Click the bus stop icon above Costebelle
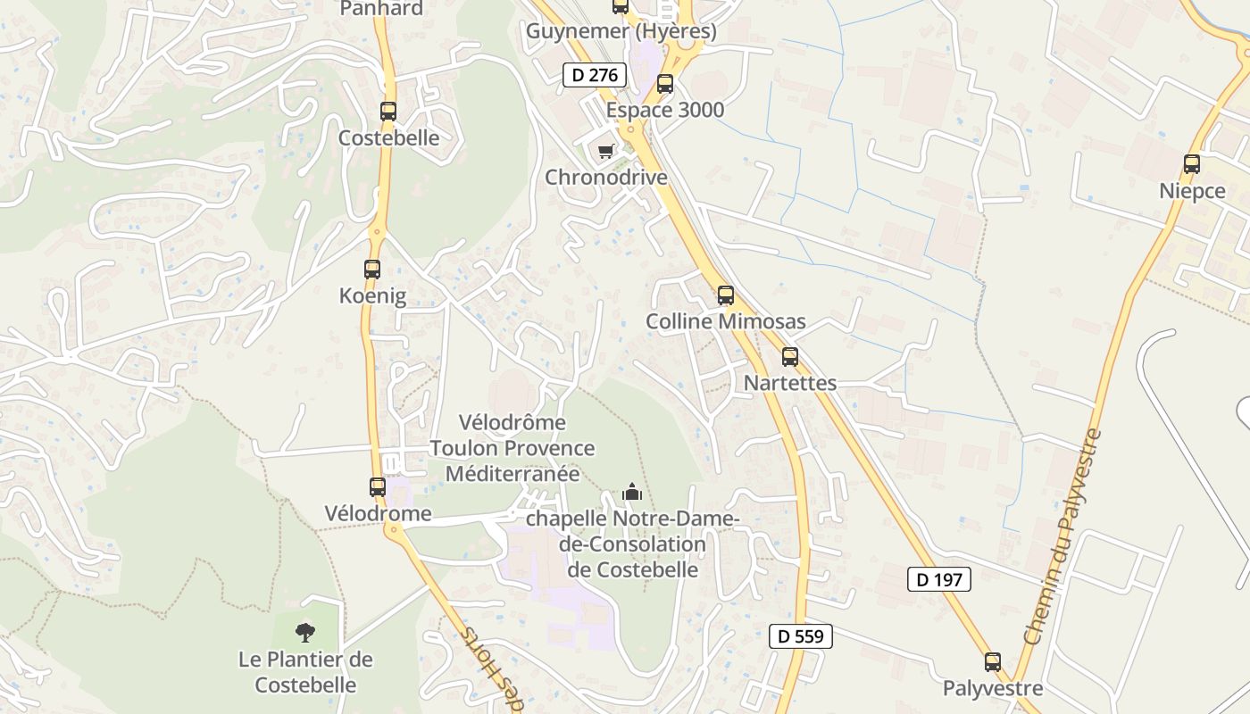coord(387,112)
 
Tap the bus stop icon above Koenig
coord(372,269)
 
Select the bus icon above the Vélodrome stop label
coord(378,487)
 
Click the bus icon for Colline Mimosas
coord(726,295)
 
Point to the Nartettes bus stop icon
coord(790,357)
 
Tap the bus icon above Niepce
coord(1192,164)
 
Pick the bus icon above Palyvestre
coord(993,662)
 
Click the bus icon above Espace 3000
coord(665,84)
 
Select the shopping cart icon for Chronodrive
coord(606,151)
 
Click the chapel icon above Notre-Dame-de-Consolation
coord(632,492)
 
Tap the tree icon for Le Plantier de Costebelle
coord(305,633)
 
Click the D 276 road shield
coord(595,75)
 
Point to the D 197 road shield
coord(939,579)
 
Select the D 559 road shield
coord(801,636)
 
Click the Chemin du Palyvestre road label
coord(1063,538)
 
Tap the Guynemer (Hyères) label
coord(621,31)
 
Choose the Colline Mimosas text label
coord(725,321)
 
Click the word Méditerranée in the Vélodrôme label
coord(512,473)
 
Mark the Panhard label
coord(381,9)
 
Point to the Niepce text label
coord(1192,191)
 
